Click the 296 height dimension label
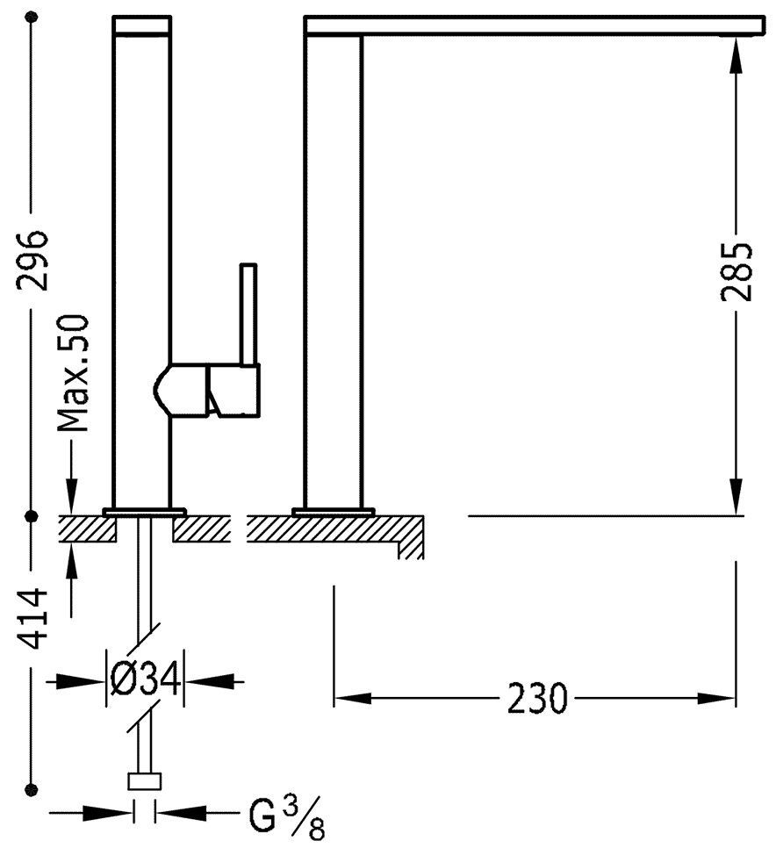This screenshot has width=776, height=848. click(32, 261)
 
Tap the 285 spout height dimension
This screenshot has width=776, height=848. click(736, 270)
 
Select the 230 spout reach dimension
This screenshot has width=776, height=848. click(536, 699)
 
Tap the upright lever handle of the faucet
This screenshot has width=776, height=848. click(248, 313)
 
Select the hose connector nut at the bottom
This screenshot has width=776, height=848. click(145, 782)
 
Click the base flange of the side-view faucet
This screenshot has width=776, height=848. click(333, 512)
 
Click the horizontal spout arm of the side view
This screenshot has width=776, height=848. click(535, 25)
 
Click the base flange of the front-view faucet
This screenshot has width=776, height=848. click(144, 512)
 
